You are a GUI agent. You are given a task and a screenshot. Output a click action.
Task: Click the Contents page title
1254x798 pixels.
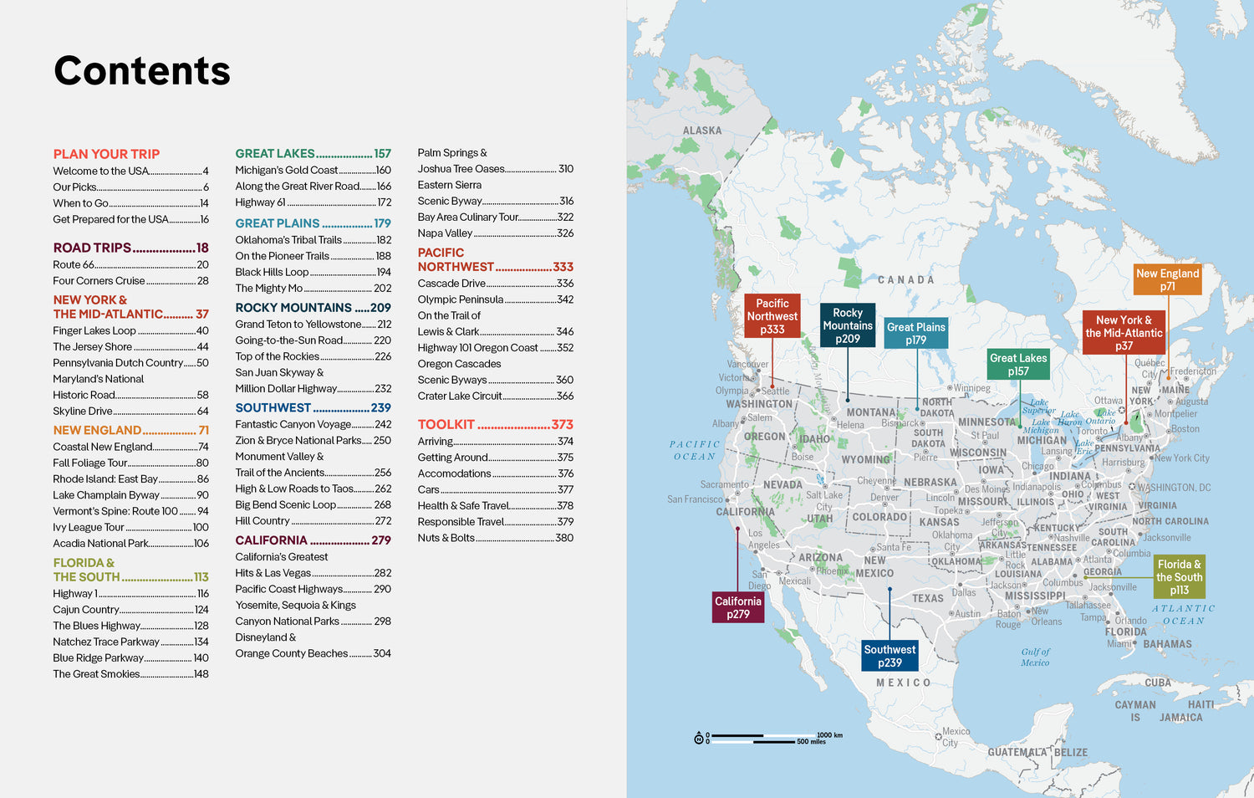pos(142,71)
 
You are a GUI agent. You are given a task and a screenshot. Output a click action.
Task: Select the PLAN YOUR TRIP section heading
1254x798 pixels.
pos(106,154)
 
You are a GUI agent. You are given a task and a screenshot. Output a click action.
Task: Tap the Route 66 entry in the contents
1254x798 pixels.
pos(74,264)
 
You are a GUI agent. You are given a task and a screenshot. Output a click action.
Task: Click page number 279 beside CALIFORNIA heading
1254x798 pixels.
pos(381,540)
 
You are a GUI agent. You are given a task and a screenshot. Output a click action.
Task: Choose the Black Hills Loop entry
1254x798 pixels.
pos(272,272)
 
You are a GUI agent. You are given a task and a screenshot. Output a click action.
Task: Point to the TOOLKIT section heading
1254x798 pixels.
pos(446,425)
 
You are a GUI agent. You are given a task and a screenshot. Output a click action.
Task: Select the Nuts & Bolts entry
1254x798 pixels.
pos(446,538)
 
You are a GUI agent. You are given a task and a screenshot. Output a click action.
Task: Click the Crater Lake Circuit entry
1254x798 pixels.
pos(460,396)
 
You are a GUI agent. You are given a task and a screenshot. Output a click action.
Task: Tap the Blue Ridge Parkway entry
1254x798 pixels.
pos(98,657)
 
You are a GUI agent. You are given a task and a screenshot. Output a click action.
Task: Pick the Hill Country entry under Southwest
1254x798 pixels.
pos(262,520)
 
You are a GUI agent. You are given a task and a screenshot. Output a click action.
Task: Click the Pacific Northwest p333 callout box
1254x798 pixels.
pos(772,316)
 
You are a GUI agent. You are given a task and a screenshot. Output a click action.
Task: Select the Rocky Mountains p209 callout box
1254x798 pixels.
pos(848,325)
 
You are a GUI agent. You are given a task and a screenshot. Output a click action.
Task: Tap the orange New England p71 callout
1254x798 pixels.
pos(1167,279)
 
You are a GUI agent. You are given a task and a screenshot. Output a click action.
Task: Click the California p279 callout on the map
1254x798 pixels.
pos(738,607)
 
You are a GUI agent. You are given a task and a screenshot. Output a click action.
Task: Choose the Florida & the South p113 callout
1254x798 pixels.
pos(1179,577)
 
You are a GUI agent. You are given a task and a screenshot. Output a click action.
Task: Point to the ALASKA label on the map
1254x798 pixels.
pos(701,130)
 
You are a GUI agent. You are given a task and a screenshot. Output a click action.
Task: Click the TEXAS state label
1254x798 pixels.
pos(927,598)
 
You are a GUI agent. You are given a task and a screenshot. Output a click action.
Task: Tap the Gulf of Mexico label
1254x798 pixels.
pos(1035,657)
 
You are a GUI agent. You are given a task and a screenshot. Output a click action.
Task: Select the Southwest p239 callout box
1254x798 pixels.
pos(890,656)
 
